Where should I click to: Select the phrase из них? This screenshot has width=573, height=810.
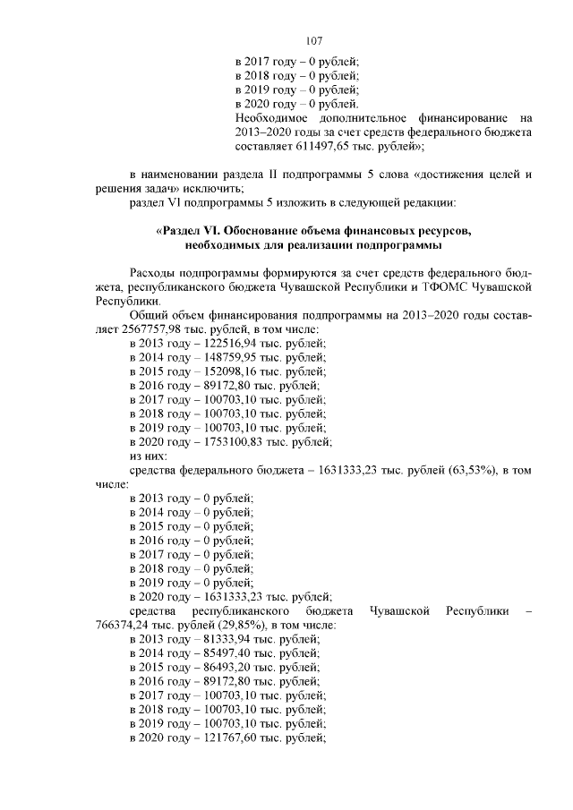(150, 455)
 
